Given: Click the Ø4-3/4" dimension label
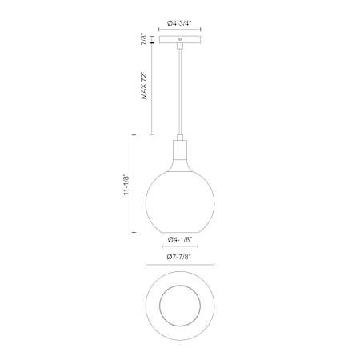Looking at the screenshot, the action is [x=179, y=23].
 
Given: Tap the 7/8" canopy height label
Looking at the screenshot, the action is [x=144, y=39].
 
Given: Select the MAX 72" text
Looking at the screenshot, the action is [x=144, y=86].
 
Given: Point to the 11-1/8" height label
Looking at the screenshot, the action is [x=126, y=184].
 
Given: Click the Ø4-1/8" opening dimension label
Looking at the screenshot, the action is [x=180, y=240].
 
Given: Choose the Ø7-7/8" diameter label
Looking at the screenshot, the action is [x=180, y=257].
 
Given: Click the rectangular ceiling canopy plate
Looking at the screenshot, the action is [x=180, y=39].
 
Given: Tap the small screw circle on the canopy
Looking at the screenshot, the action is [x=180, y=39].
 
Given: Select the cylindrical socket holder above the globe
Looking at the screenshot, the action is [x=180, y=150].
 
